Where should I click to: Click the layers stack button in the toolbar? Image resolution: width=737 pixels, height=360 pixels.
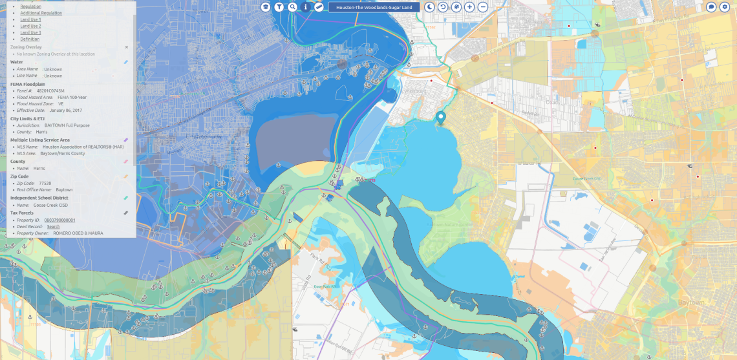tap(266, 6)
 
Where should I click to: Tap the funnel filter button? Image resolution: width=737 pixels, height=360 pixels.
tap(279, 6)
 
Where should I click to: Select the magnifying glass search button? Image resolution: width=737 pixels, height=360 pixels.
tap(293, 6)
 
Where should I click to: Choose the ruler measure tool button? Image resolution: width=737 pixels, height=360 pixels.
tap(319, 6)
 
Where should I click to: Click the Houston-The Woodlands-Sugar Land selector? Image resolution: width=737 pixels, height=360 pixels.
tap(370, 7)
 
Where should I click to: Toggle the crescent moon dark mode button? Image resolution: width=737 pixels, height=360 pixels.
tap(430, 6)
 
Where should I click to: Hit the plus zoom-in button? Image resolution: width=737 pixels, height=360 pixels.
tap(469, 6)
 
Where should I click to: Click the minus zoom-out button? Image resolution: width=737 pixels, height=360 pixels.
tap(483, 6)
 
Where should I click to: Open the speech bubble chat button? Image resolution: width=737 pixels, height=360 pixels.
tap(711, 6)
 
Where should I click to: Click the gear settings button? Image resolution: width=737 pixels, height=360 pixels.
tap(725, 6)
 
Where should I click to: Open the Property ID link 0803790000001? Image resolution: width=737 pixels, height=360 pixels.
tap(60, 220)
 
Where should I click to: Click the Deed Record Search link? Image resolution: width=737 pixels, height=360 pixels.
tap(53, 227)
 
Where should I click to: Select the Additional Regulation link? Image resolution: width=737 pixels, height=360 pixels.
tap(41, 13)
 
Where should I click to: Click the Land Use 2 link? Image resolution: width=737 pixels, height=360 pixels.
tap(30, 26)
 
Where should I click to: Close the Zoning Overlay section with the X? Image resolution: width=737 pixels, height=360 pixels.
tap(127, 47)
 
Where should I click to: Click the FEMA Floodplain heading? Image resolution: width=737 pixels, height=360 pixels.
tap(28, 84)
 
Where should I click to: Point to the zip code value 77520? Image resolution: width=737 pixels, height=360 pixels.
tap(45, 184)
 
